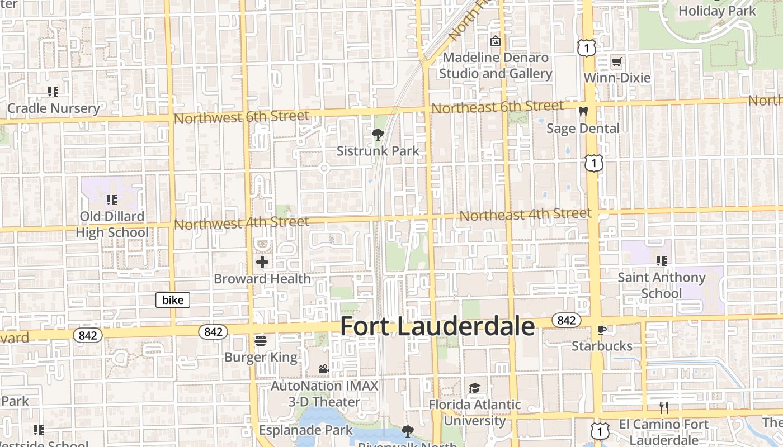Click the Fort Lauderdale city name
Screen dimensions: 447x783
[437, 326]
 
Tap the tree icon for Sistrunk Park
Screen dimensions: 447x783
[378, 135]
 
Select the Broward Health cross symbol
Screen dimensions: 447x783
[262, 261]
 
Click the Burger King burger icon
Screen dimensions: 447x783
[261, 340]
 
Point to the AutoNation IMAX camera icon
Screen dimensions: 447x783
[324, 369]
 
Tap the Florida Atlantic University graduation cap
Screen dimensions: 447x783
[474, 388]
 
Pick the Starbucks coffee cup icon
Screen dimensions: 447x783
[602, 330]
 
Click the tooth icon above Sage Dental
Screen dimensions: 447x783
[583, 112]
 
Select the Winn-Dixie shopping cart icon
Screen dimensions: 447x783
[616, 61]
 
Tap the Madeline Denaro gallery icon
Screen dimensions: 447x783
[495, 41]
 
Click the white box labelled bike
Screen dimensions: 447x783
[173, 300]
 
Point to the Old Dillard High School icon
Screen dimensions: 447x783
[111, 199]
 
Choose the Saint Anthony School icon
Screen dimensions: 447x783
[662, 260]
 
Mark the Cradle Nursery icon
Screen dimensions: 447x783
[53, 91]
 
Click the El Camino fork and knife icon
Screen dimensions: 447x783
[663, 408]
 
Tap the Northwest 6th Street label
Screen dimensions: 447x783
[241, 117]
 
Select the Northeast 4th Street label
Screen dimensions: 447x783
[525, 214]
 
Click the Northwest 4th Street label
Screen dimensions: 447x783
[241, 223]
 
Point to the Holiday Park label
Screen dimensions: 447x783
[717, 11]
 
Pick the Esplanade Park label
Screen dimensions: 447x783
[306, 430]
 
